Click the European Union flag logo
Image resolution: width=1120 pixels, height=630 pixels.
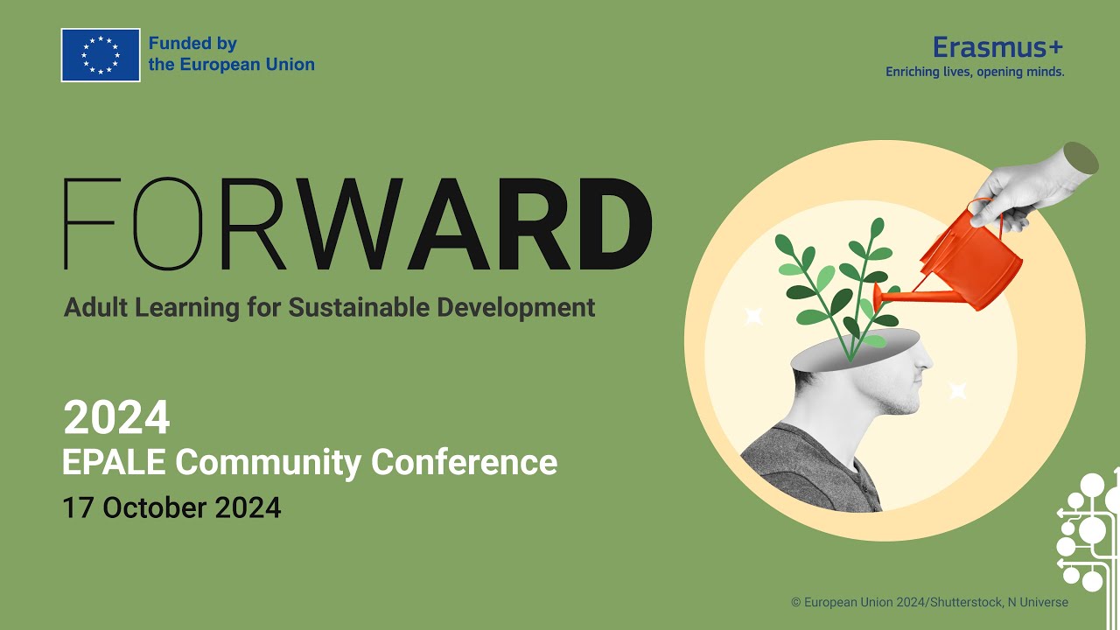101,55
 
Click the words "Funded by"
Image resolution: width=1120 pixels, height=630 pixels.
192,44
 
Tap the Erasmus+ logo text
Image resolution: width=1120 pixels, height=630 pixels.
997,46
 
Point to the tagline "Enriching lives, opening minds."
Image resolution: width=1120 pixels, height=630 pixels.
975,72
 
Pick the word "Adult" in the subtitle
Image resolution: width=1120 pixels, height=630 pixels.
95,308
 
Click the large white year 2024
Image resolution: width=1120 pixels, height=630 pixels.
116,418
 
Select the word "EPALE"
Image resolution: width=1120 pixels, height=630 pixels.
114,462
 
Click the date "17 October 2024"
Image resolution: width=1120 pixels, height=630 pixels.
171,507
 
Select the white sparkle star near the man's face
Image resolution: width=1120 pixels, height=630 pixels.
958,390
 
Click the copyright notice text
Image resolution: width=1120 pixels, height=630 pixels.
929,602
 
